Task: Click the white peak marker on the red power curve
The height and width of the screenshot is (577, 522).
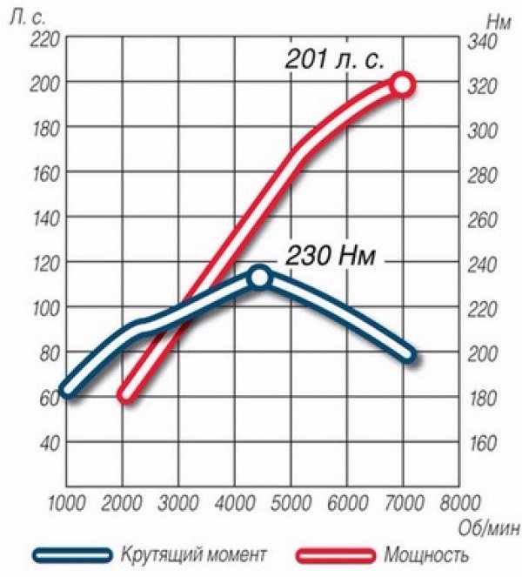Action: coord(402,84)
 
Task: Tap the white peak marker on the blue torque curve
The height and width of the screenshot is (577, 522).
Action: coord(258,277)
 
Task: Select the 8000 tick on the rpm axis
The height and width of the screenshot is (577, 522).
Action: coord(459,503)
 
